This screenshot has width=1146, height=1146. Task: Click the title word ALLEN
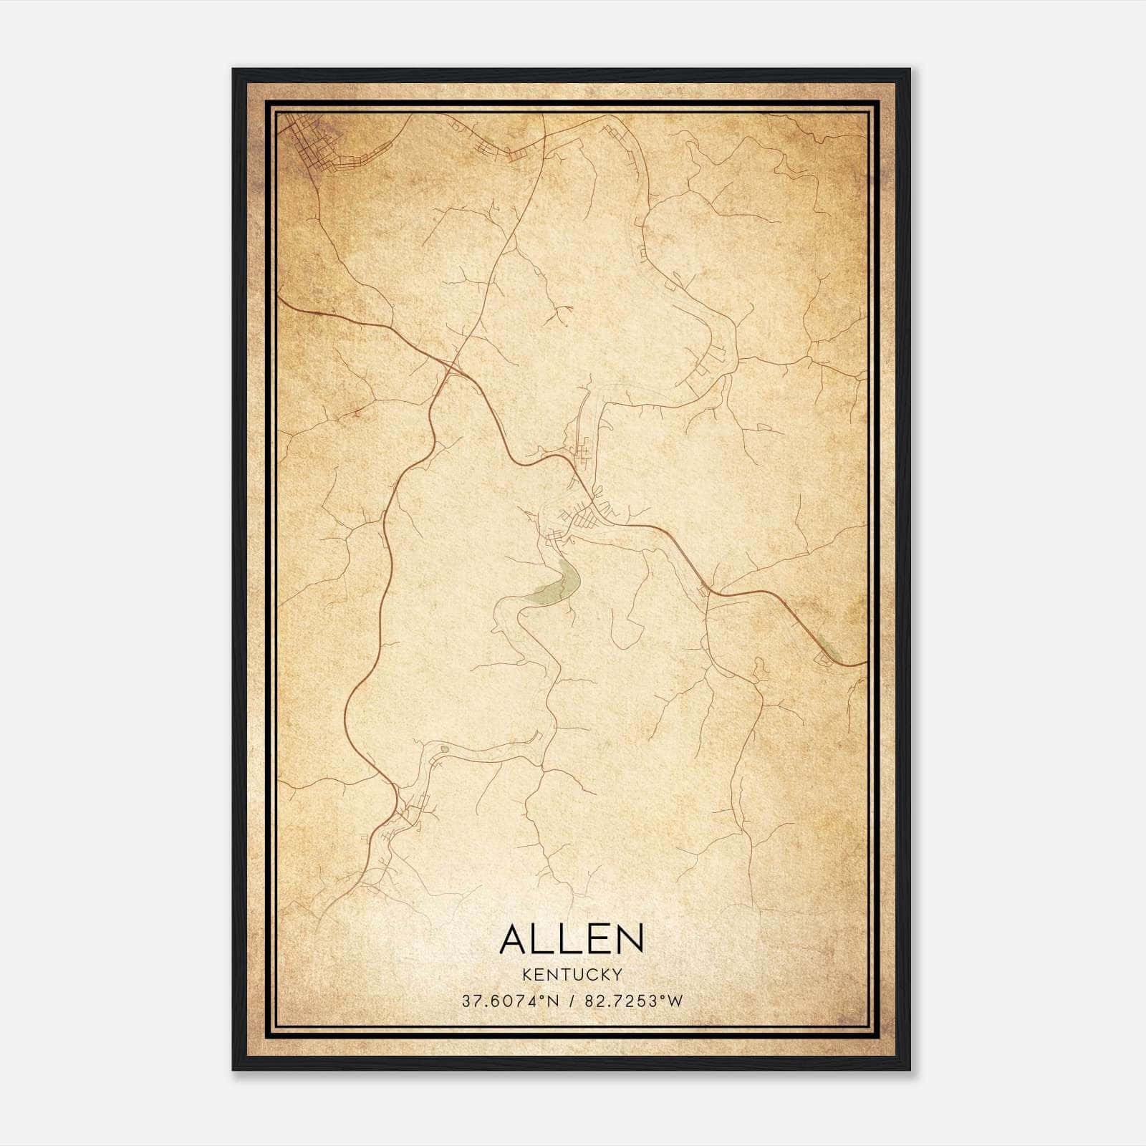point(572,939)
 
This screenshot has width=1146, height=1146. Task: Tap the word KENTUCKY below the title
point(572,974)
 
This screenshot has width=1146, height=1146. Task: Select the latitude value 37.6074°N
point(510,1001)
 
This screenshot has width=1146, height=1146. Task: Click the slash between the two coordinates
point(572,1001)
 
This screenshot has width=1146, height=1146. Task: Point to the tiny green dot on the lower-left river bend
point(444,749)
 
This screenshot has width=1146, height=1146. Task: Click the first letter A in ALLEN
point(513,939)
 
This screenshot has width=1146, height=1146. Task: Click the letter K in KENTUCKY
point(527,974)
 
